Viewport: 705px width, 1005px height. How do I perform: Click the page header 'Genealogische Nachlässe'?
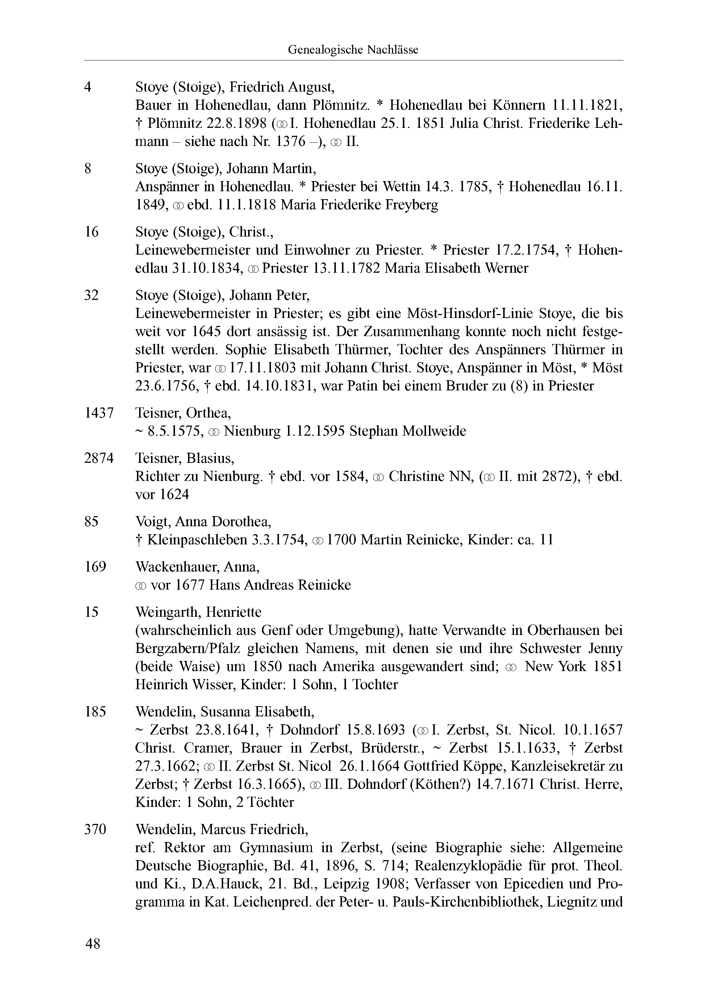click(x=352, y=50)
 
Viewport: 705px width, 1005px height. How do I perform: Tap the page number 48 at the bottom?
click(x=93, y=943)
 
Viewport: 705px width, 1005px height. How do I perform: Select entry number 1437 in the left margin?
click(x=99, y=413)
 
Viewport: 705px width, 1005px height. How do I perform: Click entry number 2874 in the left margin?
click(x=99, y=458)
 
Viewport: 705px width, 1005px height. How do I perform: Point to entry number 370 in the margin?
click(x=95, y=829)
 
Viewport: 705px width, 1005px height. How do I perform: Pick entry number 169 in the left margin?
click(x=95, y=567)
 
